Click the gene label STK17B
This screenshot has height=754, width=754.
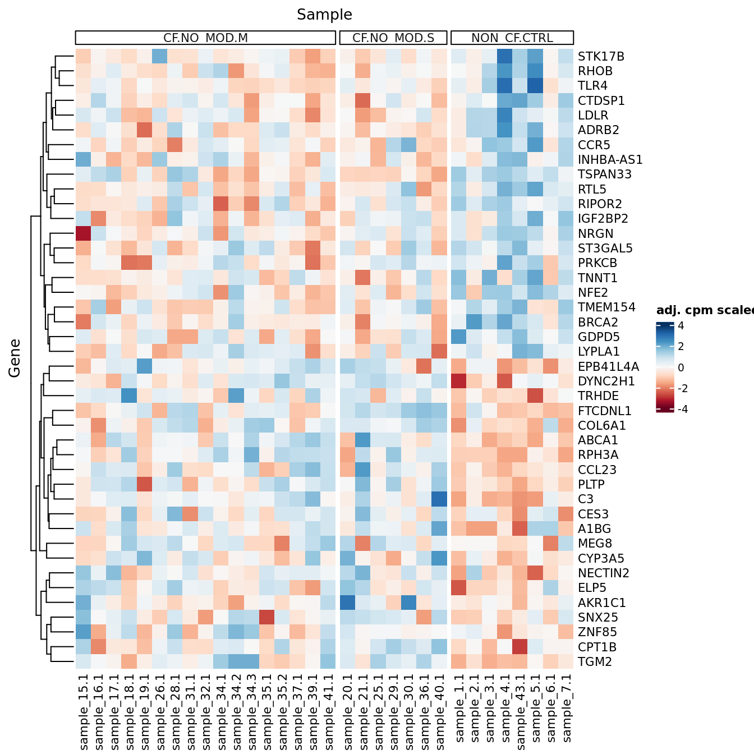click(601, 57)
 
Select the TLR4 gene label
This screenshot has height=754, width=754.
click(592, 86)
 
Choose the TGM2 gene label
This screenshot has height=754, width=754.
click(595, 662)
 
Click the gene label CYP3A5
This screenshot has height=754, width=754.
click(601, 559)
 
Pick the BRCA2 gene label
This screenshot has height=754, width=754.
click(597, 323)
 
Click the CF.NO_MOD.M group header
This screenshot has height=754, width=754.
click(205, 38)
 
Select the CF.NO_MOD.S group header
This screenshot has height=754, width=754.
click(393, 38)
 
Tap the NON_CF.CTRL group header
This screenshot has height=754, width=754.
click(512, 38)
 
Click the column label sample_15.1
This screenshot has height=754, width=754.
click(84, 712)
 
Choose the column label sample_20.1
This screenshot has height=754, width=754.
click(348, 712)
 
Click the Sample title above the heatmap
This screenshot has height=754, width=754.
click(324, 15)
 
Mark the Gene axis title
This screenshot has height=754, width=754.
click(15, 358)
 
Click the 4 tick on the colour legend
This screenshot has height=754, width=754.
click(681, 325)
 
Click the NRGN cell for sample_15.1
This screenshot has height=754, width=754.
click(84, 233)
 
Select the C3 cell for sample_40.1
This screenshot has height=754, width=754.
click(439, 499)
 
